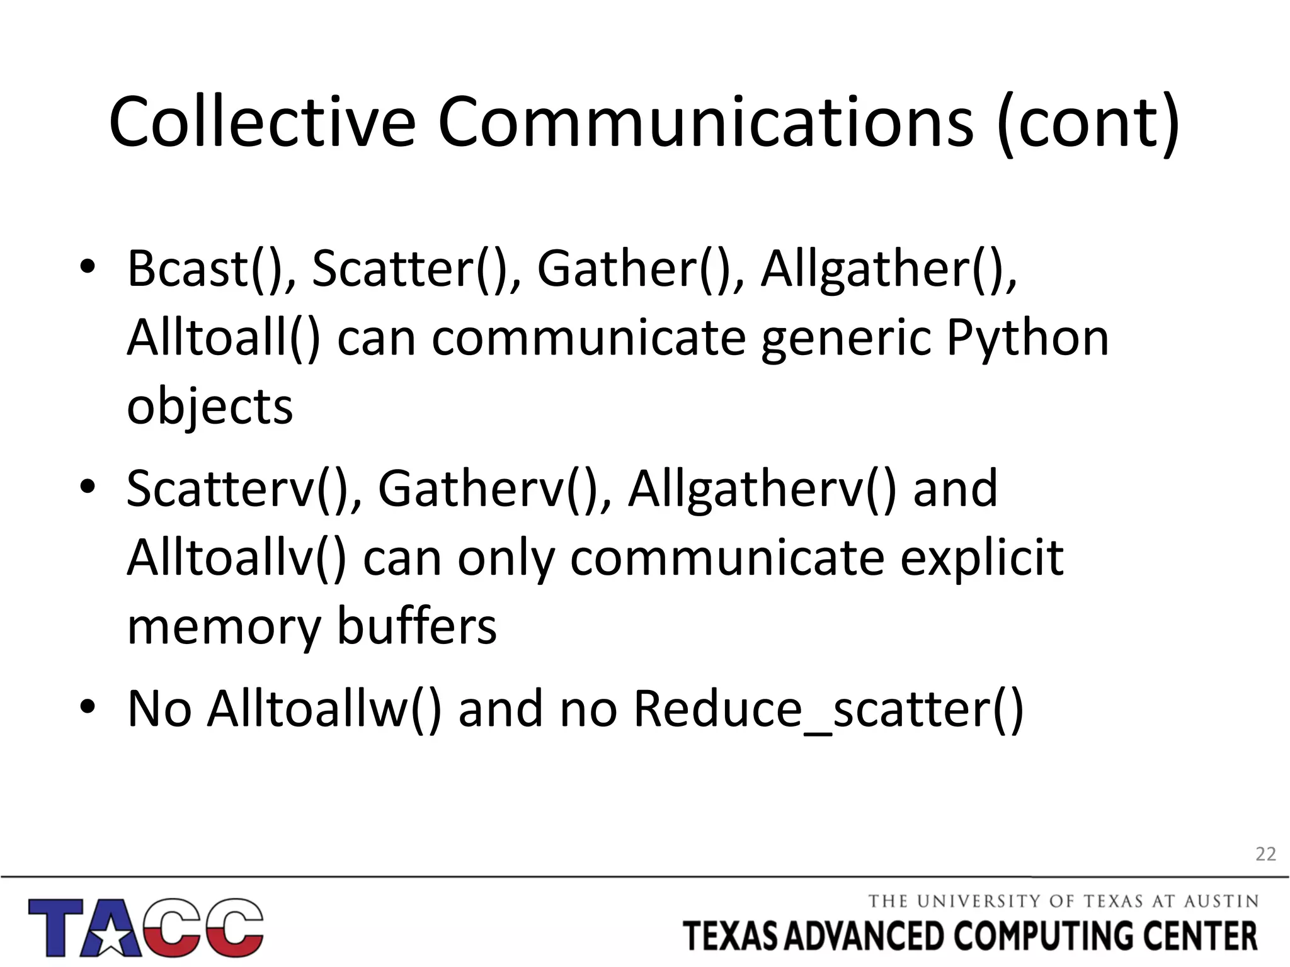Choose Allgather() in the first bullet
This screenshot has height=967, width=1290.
[888, 269]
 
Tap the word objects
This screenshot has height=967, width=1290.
[210, 408]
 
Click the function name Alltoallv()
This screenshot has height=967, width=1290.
[237, 558]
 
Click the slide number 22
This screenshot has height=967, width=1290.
[1265, 854]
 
